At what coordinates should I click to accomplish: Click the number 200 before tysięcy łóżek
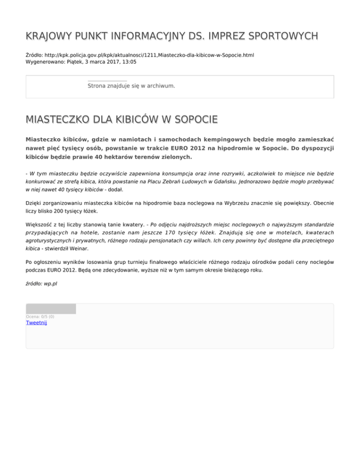pyautogui.click(x=61, y=211)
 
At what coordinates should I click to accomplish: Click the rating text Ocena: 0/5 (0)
pyautogui.click(x=40, y=316)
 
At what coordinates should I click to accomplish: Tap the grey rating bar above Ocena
pyautogui.click(x=51, y=309)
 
